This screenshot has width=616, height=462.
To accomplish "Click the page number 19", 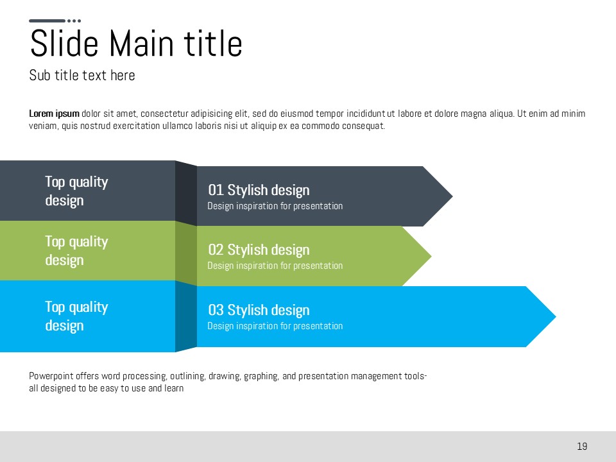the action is point(582,447).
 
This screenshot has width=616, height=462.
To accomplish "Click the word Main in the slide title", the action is point(141,43).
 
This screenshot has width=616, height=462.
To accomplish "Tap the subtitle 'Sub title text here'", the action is point(82,75).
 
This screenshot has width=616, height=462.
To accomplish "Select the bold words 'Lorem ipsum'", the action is point(54,114).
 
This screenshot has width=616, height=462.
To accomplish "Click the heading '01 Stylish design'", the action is point(259,190).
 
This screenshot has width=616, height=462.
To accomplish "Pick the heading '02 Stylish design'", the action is point(259,250).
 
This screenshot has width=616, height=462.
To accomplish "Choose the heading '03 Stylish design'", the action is point(259,310).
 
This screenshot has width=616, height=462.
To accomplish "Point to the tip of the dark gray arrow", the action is point(452,196).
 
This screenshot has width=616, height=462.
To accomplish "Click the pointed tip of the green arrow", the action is point(431,256).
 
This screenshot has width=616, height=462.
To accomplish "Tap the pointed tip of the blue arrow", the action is point(556,316).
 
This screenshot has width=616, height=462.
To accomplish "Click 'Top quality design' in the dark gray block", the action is point(76,191).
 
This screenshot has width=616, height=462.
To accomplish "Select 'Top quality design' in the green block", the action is point(76,251).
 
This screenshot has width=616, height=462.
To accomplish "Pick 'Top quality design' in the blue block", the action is point(76,316).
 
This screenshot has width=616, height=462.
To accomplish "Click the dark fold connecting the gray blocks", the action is point(186,193).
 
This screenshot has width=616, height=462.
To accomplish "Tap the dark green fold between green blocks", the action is point(186,253).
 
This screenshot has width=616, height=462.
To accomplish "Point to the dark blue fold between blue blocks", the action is point(186,316).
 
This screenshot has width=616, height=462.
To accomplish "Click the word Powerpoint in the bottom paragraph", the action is point(51,377).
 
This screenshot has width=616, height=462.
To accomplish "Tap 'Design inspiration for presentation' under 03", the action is point(275,326).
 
